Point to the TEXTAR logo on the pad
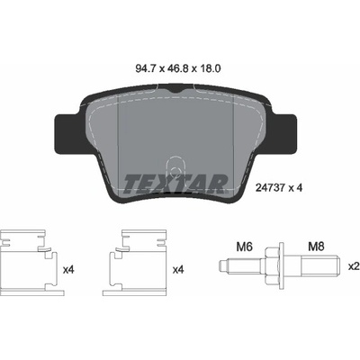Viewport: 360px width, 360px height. pyautogui.click(x=175, y=183)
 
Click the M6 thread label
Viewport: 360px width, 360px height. pyautogui.click(x=245, y=247)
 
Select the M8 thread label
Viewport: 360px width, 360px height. pyautogui.click(x=316, y=247)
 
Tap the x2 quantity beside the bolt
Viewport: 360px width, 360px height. pyautogui.click(x=354, y=266)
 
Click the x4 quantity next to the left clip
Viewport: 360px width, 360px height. pyautogui.click(x=68, y=270)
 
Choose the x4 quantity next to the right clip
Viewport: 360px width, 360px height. pyautogui.click(x=178, y=270)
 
